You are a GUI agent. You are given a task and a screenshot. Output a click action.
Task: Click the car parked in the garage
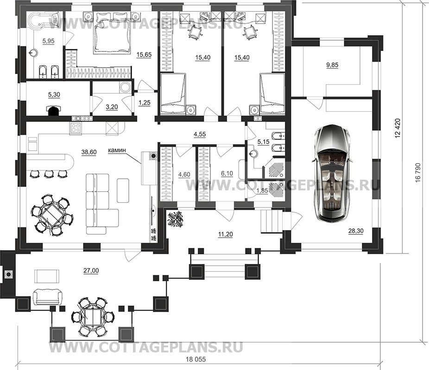[331, 173]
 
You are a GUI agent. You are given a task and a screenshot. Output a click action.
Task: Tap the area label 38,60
[89, 152]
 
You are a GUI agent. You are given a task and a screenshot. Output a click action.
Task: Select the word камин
[117, 150]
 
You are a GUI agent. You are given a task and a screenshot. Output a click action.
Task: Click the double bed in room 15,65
[113, 32]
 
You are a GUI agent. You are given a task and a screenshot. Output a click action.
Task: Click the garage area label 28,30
[356, 231]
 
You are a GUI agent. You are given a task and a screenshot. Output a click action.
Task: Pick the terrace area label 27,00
[91, 271]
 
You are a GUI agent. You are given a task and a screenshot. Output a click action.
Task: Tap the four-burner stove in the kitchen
[76, 128]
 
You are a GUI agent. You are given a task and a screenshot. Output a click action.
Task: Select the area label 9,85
[332, 65]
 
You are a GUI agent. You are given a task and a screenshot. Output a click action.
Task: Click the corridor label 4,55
[200, 134]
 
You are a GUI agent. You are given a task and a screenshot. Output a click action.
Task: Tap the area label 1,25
[145, 103]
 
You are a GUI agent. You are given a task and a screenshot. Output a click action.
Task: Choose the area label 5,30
[54, 95]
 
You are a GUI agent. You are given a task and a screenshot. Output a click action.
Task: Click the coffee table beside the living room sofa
[123, 190]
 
